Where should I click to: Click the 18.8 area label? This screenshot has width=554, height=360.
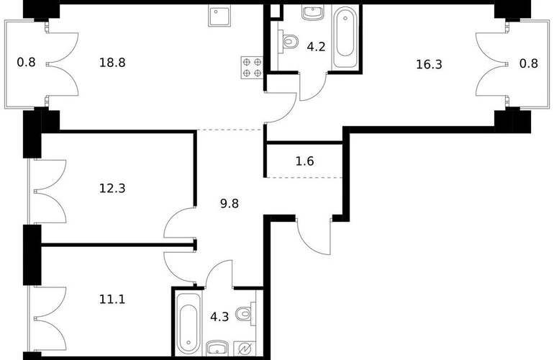tap(112, 63)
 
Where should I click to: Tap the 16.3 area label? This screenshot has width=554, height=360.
tap(429, 65)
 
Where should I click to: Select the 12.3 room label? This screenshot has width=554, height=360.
tap(112, 189)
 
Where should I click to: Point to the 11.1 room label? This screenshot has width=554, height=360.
tap(112, 300)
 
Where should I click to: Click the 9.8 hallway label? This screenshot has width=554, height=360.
tap(230, 204)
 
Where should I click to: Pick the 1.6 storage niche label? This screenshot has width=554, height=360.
tap(304, 161)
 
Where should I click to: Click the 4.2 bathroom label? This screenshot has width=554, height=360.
tap(316, 47)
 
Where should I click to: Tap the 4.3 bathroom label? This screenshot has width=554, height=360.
tap(219, 317)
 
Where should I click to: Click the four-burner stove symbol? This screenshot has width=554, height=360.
tap(252, 68)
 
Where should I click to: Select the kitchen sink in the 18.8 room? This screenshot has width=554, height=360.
tap(219, 16)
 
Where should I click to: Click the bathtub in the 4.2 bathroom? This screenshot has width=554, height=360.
tap(345, 37)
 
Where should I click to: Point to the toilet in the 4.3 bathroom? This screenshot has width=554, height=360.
tap(245, 314)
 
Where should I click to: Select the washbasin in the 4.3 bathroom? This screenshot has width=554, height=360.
tap(217, 348)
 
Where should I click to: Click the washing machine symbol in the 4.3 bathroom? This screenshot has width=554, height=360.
tap(245, 348)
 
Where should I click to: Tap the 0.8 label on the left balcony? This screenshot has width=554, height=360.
tap(26, 63)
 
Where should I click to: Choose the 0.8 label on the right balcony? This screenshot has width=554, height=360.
tap(529, 63)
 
